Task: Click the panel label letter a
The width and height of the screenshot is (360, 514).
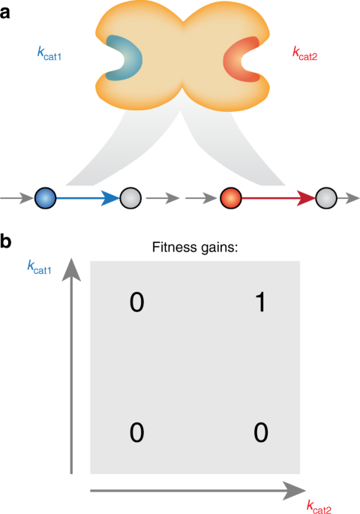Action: pos(7,13)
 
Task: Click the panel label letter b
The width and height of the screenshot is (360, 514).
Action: pos(7,243)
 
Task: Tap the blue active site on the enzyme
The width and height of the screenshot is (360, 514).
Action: pos(120,57)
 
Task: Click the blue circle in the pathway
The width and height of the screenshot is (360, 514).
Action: pos(46,199)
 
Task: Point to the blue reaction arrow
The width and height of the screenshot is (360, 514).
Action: pos(86,199)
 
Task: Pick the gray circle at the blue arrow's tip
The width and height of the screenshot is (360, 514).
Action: pos(130,199)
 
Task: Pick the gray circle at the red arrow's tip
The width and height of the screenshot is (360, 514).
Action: pos(325,199)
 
